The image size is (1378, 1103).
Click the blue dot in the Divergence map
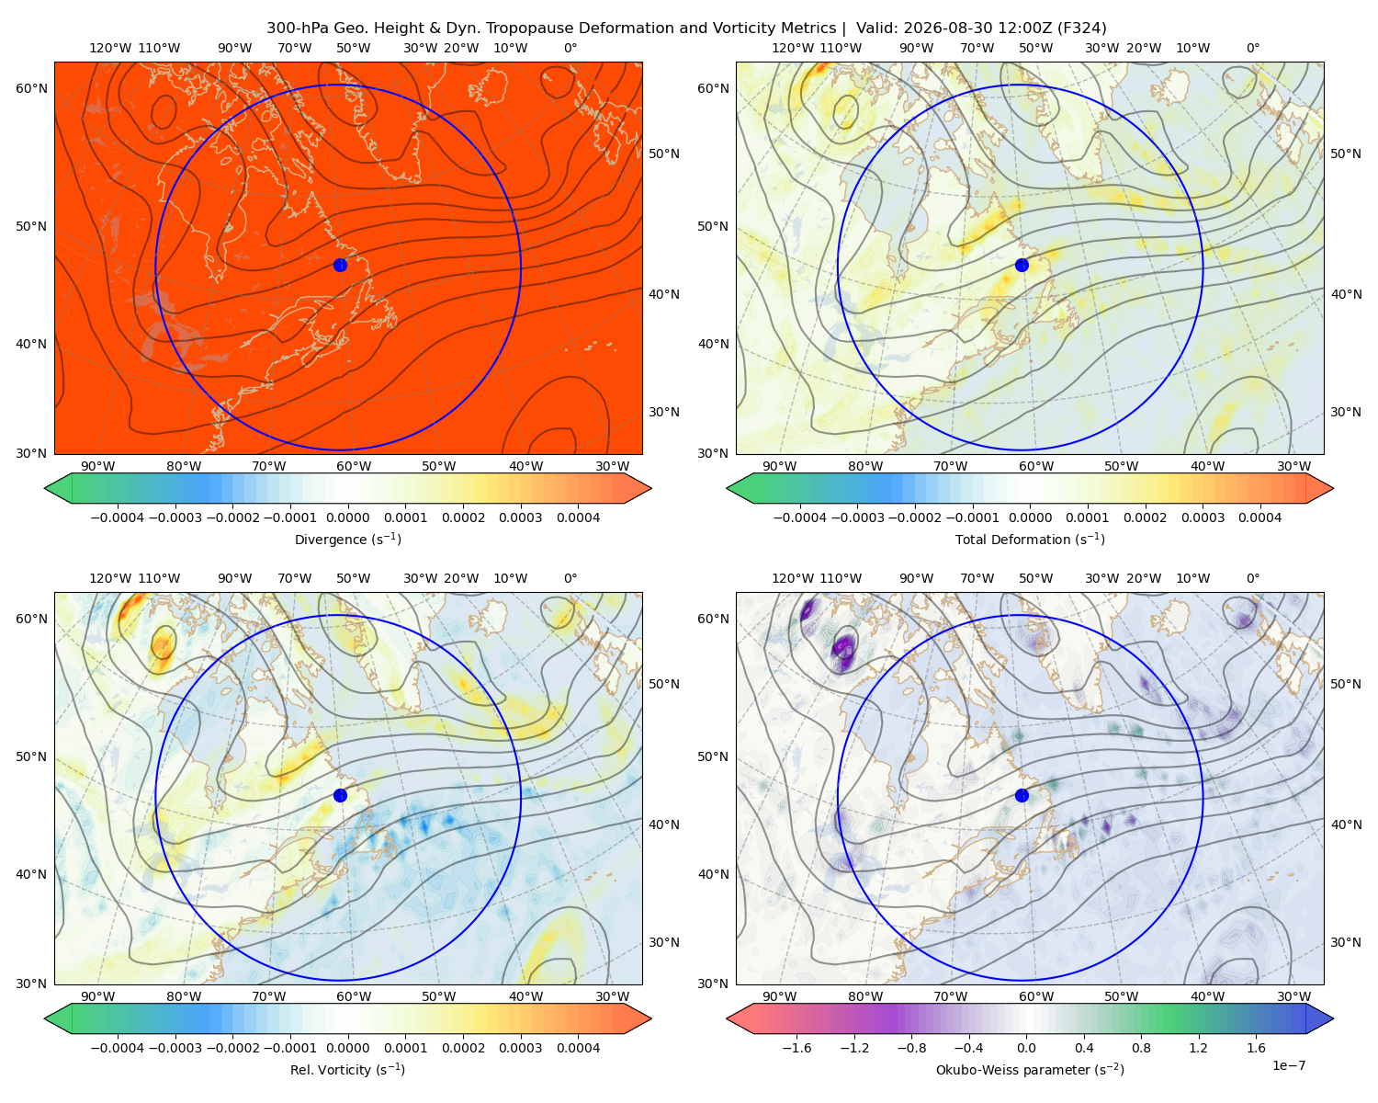[x=340, y=265]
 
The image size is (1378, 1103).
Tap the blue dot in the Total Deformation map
[x=1022, y=265]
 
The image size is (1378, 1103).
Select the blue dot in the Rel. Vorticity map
[x=340, y=795]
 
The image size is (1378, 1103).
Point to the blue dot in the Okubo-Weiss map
[x=1022, y=795]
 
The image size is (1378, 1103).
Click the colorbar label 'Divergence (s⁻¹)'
[x=347, y=539]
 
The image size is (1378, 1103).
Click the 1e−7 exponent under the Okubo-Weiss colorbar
[x=1288, y=1065]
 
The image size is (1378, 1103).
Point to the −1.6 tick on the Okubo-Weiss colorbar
[x=796, y=1047]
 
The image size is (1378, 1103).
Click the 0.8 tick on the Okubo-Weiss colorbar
[x=1141, y=1047]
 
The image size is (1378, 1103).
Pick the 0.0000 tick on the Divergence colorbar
[x=347, y=517]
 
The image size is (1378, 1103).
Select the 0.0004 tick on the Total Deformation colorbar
[x=1259, y=517]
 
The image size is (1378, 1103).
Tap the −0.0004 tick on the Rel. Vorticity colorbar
[x=118, y=1047]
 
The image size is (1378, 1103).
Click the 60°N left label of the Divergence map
[x=31, y=88]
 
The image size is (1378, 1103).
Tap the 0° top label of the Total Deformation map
[x=1252, y=48]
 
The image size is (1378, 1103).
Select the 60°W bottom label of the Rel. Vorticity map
[x=354, y=996]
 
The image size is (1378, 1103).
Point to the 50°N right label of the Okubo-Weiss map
[x=1345, y=683]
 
